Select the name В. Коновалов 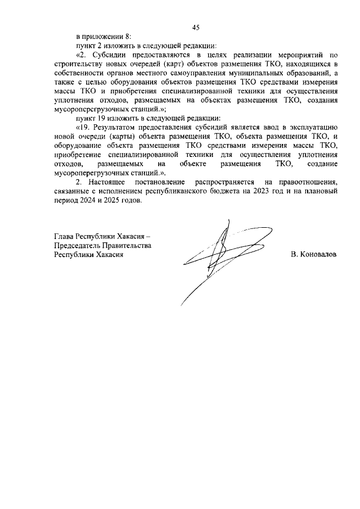coord(314,254)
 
